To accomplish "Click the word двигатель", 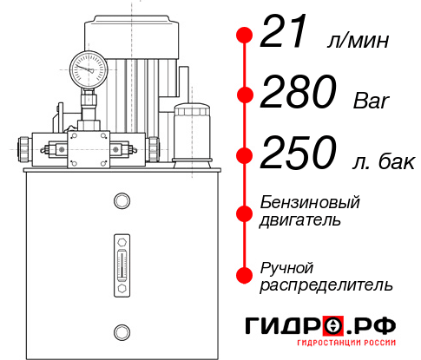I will [299, 220].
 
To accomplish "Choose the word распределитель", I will [326, 285].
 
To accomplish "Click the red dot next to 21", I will [245, 36].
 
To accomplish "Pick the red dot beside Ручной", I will [245, 275].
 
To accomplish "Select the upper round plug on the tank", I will [120, 201].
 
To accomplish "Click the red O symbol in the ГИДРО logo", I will [332, 326].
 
